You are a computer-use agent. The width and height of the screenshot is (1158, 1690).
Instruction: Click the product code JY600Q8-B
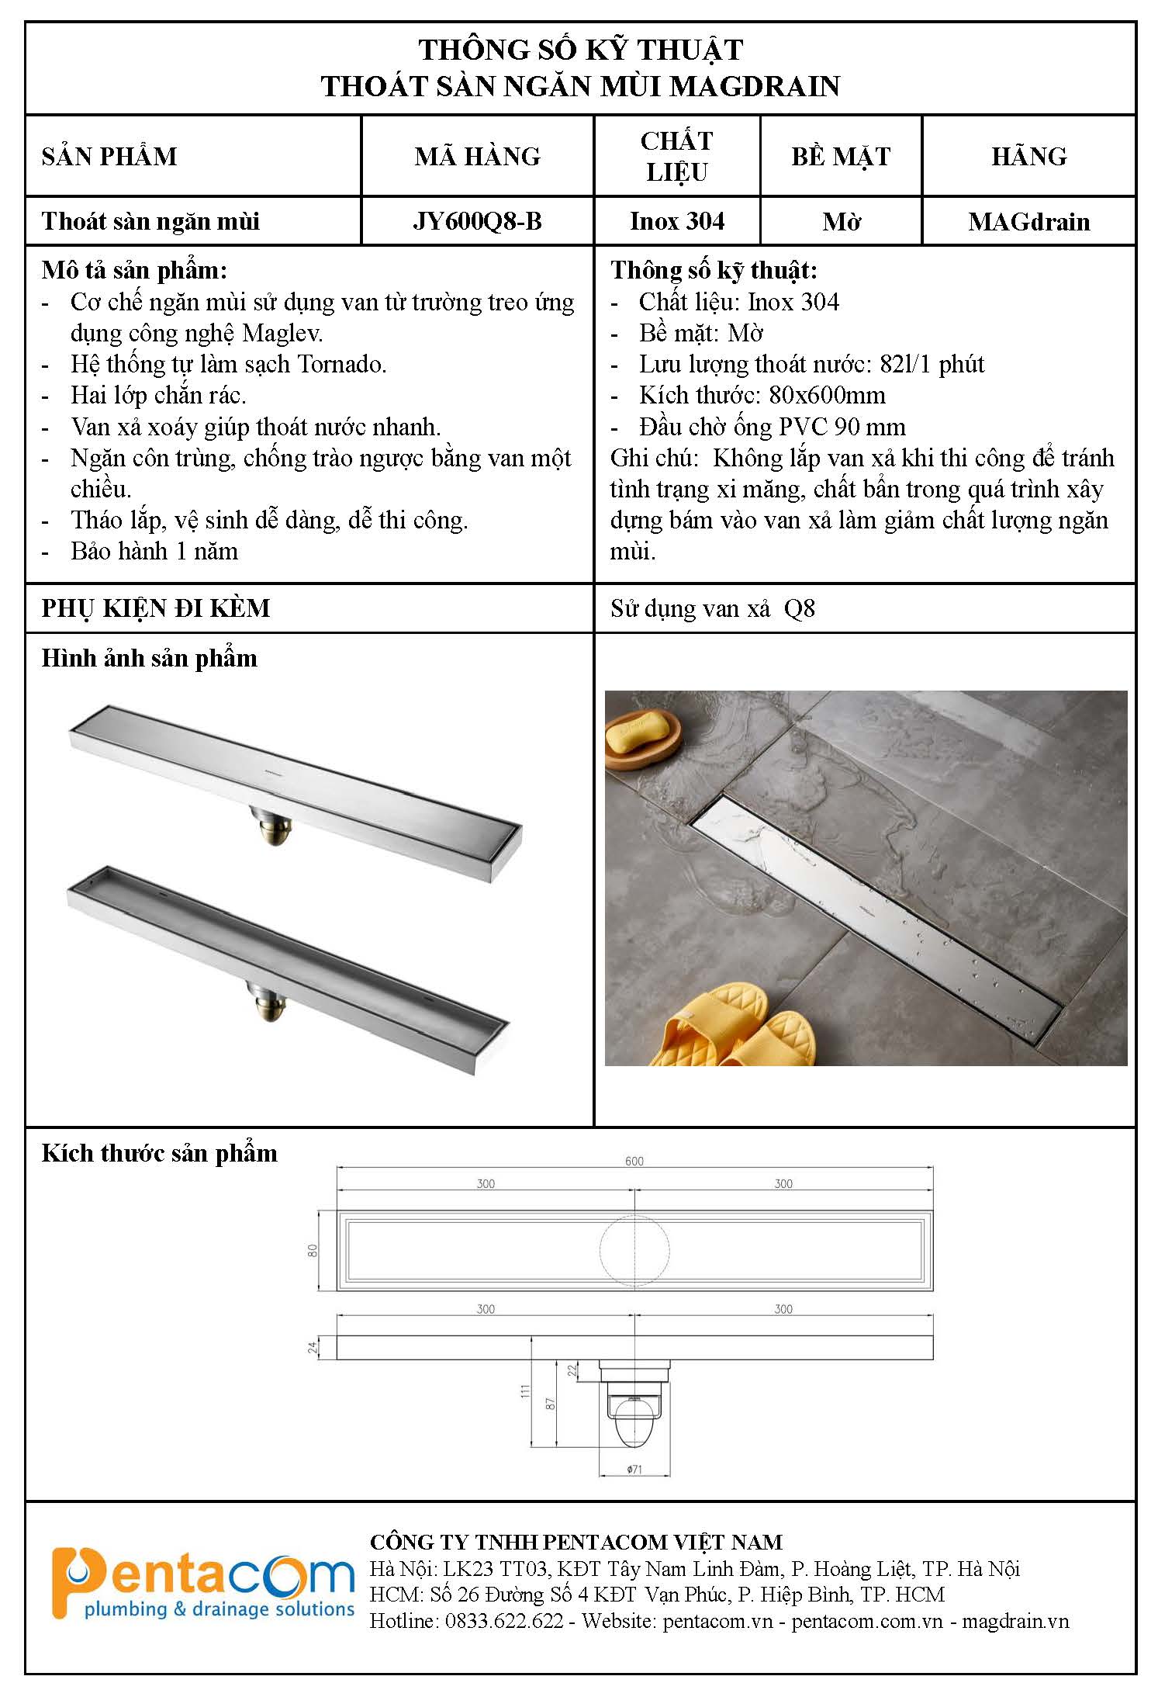[x=477, y=222]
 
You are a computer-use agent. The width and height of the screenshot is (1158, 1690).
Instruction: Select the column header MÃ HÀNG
[x=477, y=157]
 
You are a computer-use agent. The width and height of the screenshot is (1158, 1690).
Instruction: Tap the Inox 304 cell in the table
[x=677, y=222]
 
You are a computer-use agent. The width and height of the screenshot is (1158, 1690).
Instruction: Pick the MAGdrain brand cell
[x=1028, y=222]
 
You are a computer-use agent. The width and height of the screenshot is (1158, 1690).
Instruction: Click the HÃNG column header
[x=1028, y=157]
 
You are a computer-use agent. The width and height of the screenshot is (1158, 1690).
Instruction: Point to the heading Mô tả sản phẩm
[x=134, y=270]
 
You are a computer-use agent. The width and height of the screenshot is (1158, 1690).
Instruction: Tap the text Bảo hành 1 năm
[x=154, y=551]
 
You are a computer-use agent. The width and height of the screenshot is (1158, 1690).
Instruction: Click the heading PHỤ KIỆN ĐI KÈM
[x=155, y=608]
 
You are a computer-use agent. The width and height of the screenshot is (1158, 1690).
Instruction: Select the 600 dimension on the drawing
[x=634, y=1161]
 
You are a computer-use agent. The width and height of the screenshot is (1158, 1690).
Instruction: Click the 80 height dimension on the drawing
[x=313, y=1250]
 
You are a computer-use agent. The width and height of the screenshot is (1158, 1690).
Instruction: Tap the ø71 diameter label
[x=634, y=1469]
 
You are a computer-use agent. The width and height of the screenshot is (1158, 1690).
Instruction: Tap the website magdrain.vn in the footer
[x=1015, y=1621]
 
